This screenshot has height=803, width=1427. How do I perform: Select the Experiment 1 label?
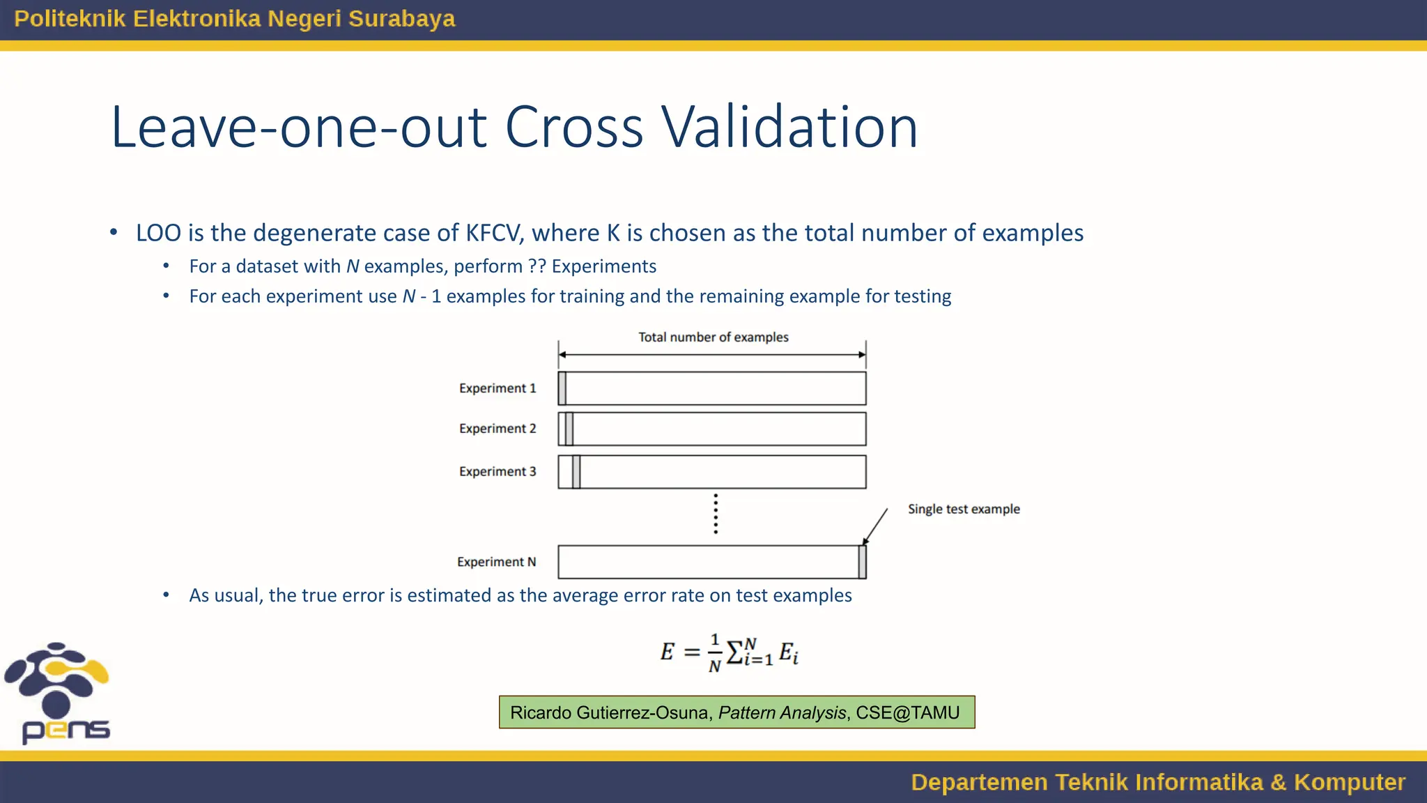tap(497, 388)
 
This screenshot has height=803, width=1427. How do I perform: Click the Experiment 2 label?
tap(497, 429)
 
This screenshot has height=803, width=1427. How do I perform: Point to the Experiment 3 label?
tap(497, 472)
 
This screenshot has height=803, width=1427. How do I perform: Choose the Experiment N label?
tap(496, 562)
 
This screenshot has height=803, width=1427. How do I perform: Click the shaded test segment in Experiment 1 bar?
tap(562, 388)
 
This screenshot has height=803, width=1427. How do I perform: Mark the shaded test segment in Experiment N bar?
tap(862, 562)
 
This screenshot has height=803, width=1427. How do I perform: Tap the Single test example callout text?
tap(963, 510)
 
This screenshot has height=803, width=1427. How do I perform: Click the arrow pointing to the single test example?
tap(876, 526)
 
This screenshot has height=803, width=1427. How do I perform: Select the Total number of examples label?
tap(713, 337)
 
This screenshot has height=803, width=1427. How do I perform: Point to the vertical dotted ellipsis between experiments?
tap(716, 514)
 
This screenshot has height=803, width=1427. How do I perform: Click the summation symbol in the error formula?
tap(734, 653)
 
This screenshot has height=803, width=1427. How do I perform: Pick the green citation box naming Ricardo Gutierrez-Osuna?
tap(736, 712)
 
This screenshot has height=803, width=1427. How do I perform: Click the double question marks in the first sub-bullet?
tap(537, 266)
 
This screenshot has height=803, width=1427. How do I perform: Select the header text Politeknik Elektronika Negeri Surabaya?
tap(234, 19)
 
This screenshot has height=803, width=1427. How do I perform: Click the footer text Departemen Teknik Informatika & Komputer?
tap(1157, 782)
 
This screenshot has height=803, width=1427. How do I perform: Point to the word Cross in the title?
tap(574, 128)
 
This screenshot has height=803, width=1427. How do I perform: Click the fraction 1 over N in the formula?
tap(714, 653)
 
